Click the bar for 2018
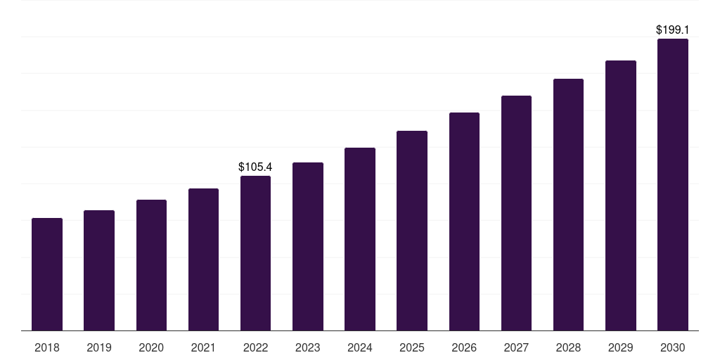click(x=47, y=274)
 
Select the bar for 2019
click(x=99, y=271)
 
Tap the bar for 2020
click(x=151, y=265)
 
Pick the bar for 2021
click(x=203, y=259)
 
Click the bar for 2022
click(x=255, y=253)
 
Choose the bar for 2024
click(x=360, y=239)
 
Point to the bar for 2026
click(x=464, y=221)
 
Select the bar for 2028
click(x=568, y=205)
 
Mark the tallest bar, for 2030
click(x=673, y=184)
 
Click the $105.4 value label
click(x=255, y=167)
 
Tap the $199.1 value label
click(x=673, y=30)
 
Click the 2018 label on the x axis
click(x=47, y=347)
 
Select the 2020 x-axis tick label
click(x=151, y=347)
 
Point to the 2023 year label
click(x=308, y=347)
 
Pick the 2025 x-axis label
click(x=412, y=347)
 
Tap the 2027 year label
click(x=516, y=347)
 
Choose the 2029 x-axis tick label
click(x=621, y=347)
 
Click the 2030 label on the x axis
click(x=673, y=347)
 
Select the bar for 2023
click(x=308, y=246)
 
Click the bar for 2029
click(x=621, y=195)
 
